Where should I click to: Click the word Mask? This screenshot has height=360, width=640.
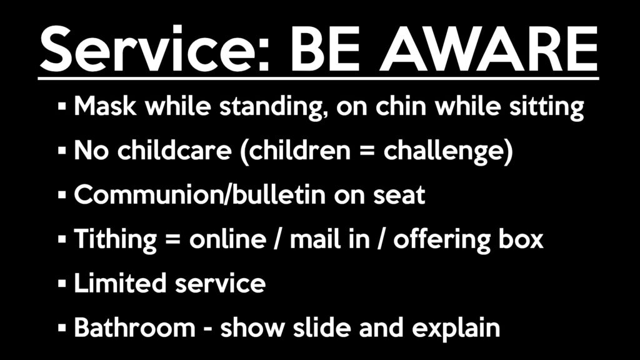point(105,106)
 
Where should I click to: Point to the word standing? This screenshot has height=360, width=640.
point(273,107)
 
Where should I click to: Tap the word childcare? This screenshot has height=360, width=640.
point(174,150)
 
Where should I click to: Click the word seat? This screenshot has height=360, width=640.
point(399,196)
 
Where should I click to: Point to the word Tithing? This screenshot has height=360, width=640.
point(116,240)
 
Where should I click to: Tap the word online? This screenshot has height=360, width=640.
point(227,239)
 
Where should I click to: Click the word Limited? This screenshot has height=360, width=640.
point(120,283)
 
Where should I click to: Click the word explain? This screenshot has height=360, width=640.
point(456,329)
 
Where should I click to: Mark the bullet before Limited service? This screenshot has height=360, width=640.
point(62,283)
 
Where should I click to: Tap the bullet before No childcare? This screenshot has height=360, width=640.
point(62,151)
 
